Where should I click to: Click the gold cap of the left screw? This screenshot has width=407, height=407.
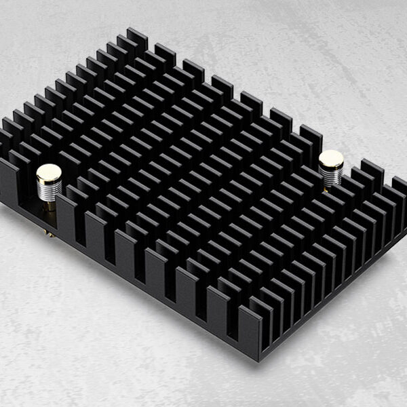(x=49, y=172)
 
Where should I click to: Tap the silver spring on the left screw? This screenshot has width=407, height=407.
(x=50, y=190)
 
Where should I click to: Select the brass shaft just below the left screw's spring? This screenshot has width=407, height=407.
(x=50, y=206)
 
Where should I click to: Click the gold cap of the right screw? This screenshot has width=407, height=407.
(x=331, y=159)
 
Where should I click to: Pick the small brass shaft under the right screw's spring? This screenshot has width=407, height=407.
(x=328, y=189)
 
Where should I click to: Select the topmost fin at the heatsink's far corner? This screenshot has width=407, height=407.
(x=136, y=37)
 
